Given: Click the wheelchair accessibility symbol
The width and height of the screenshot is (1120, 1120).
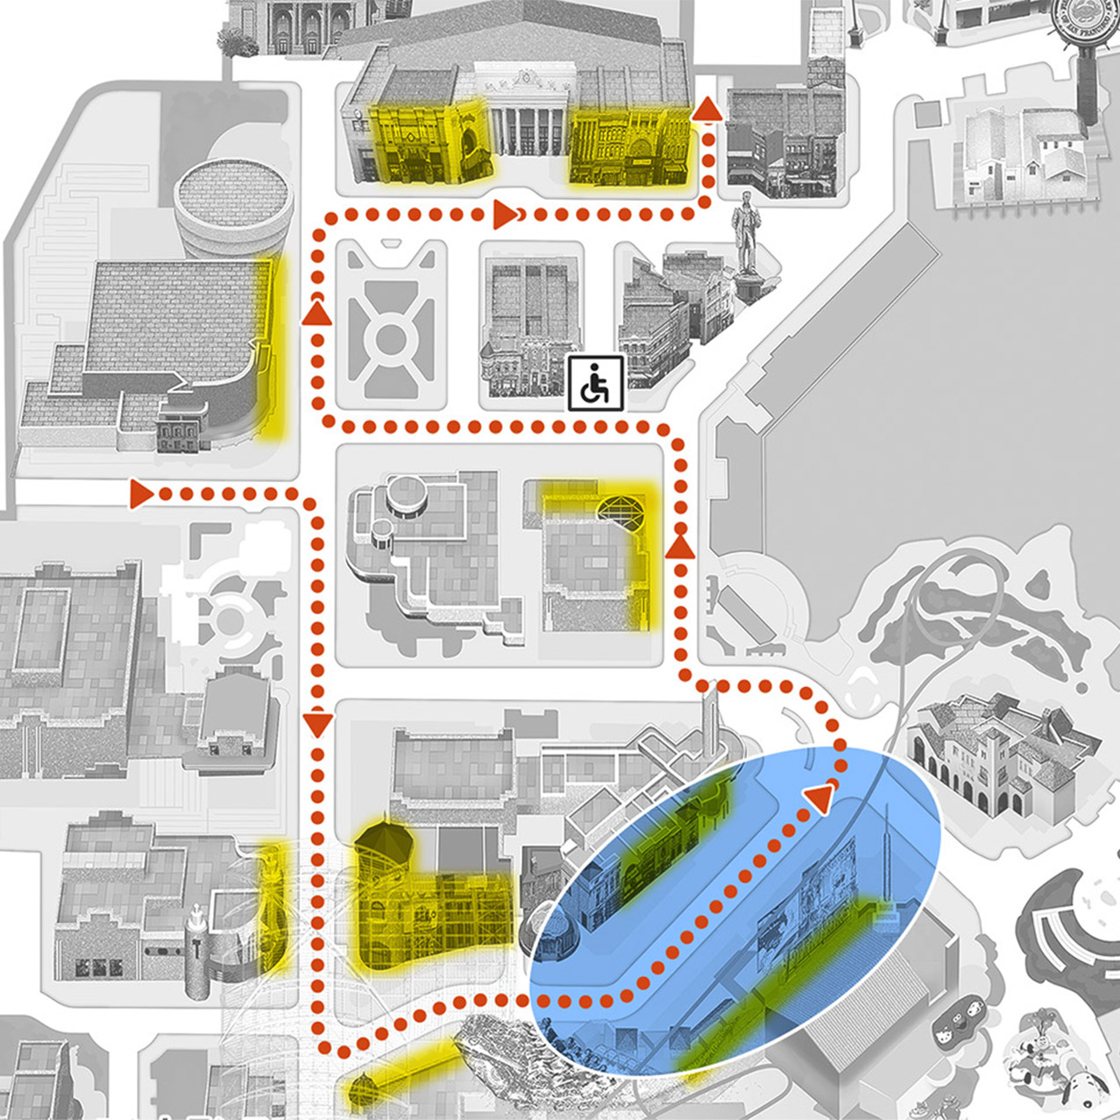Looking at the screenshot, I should [596, 383].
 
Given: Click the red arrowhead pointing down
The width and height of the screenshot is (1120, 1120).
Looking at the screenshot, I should [318, 724].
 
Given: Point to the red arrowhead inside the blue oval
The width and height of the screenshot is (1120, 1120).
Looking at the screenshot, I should [819, 797].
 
